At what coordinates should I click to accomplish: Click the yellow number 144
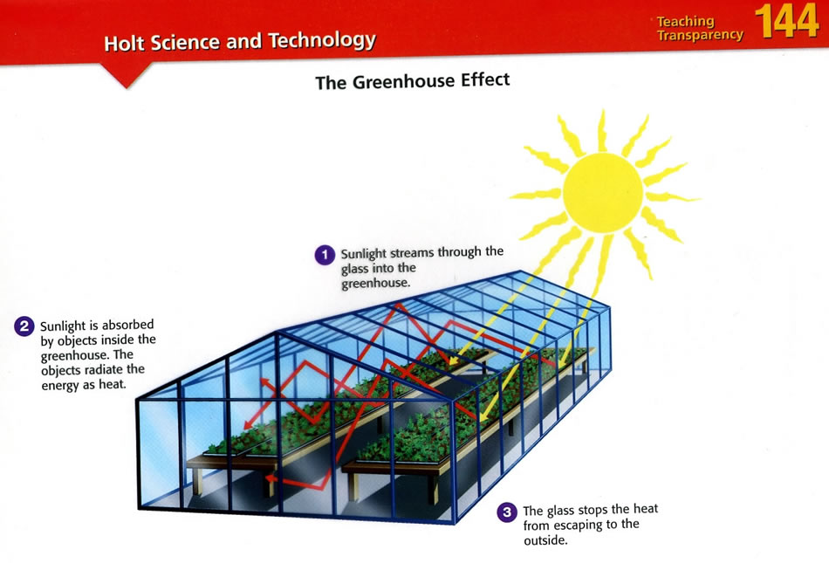point(787,21)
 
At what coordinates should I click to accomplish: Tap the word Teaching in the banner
point(685,21)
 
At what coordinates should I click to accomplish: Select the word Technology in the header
point(322,40)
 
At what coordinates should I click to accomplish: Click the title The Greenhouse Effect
point(413,81)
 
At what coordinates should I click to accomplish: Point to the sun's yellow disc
point(603,193)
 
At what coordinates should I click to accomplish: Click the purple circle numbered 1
point(325,255)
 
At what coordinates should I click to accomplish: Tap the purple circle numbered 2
point(24,326)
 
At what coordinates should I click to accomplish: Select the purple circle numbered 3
point(507,512)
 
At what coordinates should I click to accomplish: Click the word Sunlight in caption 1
point(363,254)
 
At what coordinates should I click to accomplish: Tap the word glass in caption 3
point(560,512)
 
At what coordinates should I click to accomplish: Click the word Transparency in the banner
point(700,36)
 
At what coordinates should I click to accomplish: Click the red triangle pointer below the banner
point(127,75)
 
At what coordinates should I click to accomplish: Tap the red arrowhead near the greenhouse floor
point(271,478)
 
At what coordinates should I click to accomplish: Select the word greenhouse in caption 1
point(375,284)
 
